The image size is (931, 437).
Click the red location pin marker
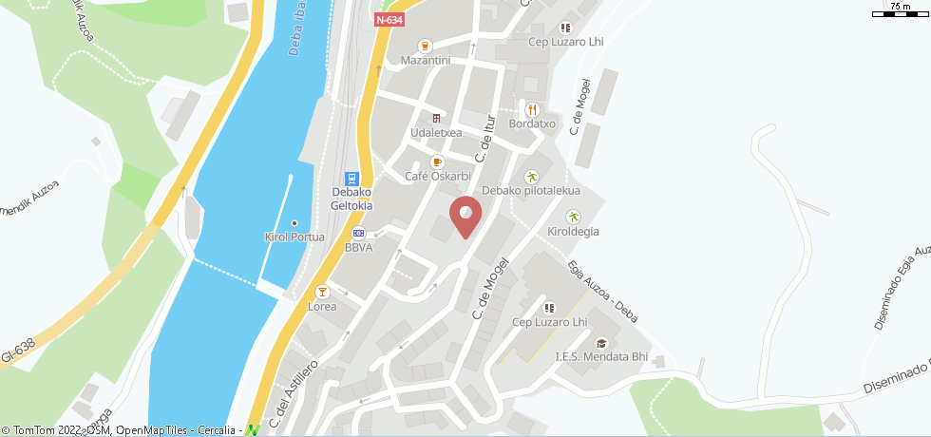pyautogui.click(x=465, y=215)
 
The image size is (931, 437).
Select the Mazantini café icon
pyautogui.click(x=425, y=45)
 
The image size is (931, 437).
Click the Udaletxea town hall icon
pyautogui.click(x=436, y=119)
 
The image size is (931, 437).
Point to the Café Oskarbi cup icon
pyautogui.click(x=438, y=162)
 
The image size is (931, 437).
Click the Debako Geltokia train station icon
pyautogui.click(x=351, y=179)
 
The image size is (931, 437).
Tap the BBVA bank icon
pyautogui.click(x=358, y=233)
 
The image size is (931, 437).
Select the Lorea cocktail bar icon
pyautogui.click(x=322, y=292)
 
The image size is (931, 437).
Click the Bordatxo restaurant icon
pyautogui.click(x=532, y=109)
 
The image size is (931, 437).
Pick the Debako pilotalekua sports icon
pyautogui.click(x=531, y=176)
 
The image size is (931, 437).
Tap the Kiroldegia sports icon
pyautogui.click(x=573, y=217)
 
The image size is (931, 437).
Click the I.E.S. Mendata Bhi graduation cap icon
pyautogui.click(x=600, y=343)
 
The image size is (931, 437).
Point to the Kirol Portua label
pyautogui.click(x=294, y=237)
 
